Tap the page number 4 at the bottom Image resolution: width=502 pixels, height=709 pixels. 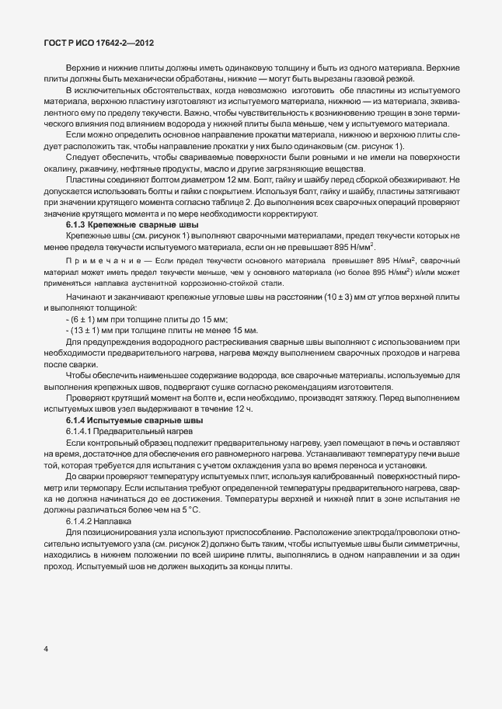pos(47,648)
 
